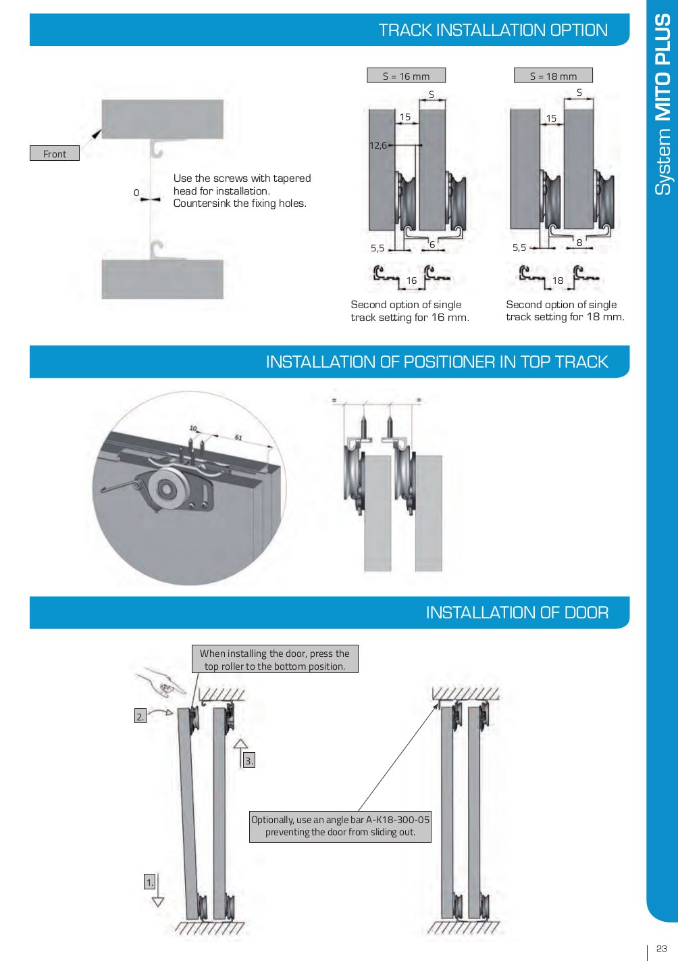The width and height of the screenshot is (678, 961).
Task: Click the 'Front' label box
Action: point(55,153)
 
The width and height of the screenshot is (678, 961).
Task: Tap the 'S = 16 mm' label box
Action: point(406,76)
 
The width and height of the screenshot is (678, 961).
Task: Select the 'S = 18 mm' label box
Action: point(553,76)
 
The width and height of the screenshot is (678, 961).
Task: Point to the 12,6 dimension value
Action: point(378,145)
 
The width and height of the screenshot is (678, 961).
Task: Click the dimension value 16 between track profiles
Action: point(411,280)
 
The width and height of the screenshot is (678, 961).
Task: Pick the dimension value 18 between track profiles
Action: point(558,280)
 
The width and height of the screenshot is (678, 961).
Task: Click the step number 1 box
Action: point(150,882)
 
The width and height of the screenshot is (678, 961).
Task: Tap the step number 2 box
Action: point(140,716)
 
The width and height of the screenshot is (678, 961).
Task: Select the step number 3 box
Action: point(249,761)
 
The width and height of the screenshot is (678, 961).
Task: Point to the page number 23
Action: point(662,948)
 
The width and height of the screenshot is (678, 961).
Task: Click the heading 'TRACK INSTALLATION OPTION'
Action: point(493,30)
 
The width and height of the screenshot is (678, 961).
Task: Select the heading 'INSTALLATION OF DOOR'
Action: point(517,613)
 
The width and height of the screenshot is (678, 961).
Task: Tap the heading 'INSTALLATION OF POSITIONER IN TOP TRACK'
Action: point(437,362)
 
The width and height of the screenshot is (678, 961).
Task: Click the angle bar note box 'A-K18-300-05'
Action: point(340,826)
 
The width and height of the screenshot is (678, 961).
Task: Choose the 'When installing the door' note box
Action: point(275,660)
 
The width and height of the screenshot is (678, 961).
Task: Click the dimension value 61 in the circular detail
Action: point(238,438)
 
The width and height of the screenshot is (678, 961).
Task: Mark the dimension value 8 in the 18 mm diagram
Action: point(579,243)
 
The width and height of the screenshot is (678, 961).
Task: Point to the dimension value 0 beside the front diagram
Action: point(136,193)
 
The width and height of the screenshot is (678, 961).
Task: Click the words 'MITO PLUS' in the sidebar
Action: point(663,68)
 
